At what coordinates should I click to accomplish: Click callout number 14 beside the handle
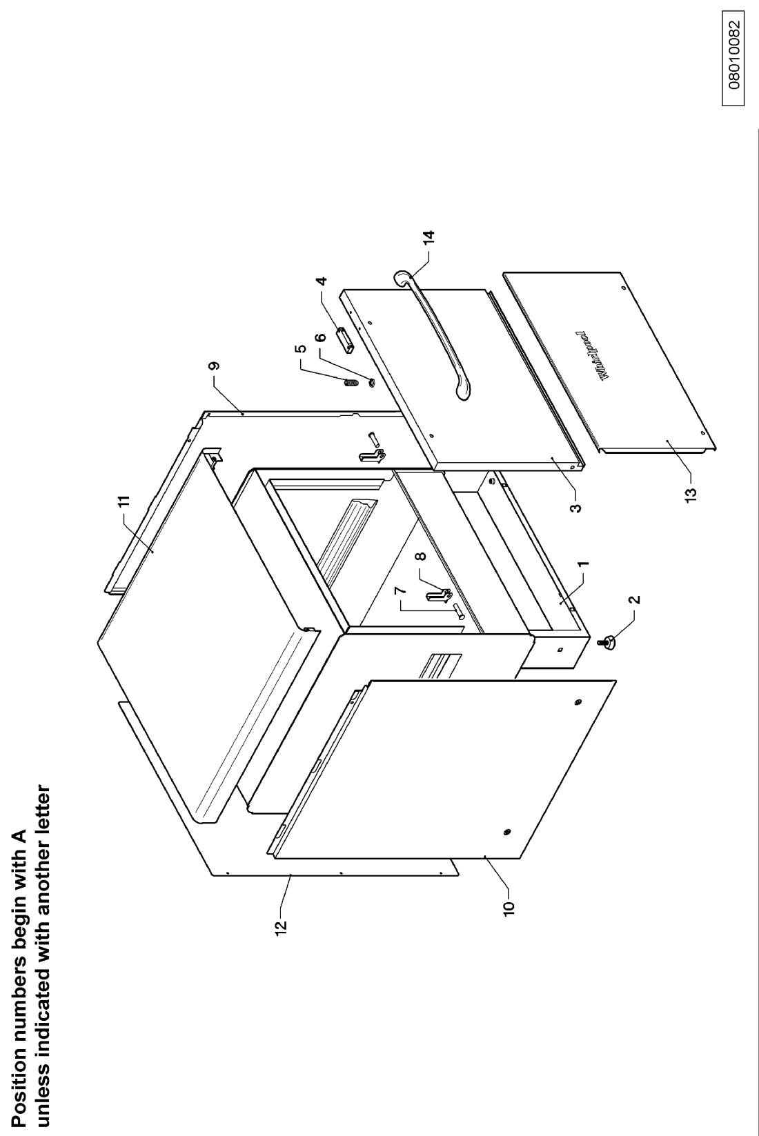tap(429, 238)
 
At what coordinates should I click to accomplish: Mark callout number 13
tap(691, 494)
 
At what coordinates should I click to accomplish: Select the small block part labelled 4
tap(345, 339)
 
